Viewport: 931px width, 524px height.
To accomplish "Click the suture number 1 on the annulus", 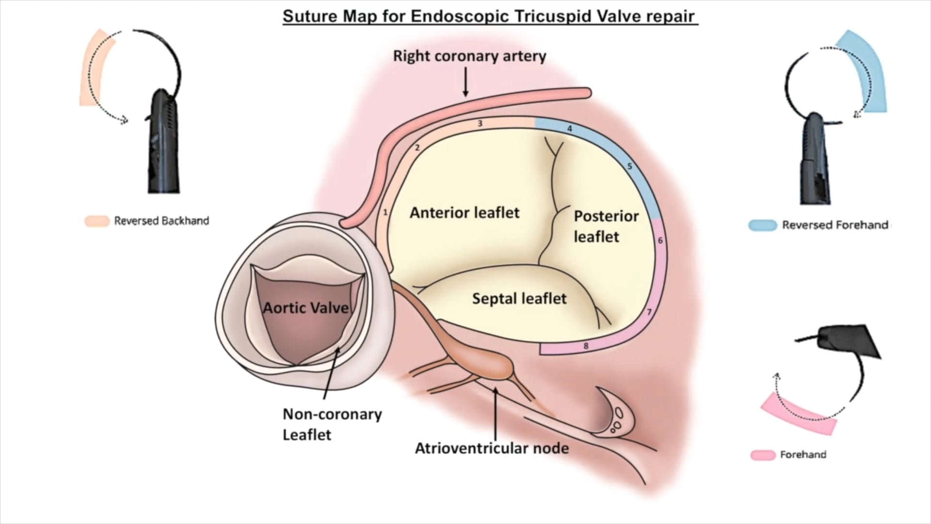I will (385, 213).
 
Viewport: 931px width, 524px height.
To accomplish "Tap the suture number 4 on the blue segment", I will (570, 129).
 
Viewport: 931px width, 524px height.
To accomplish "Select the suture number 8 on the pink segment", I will (586, 346).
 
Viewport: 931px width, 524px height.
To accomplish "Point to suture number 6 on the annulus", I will (660, 241).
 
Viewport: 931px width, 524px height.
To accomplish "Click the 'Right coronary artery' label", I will (469, 56).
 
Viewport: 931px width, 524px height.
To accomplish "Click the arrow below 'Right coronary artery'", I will (465, 82).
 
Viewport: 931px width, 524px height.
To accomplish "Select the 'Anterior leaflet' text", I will (465, 213).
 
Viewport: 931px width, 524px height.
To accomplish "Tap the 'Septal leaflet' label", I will (519, 298).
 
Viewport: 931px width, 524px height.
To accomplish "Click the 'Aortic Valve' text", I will (305, 308).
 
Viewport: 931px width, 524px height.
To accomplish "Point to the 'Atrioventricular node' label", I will (492, 448).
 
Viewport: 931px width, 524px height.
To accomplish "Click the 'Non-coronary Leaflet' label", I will (332, 424).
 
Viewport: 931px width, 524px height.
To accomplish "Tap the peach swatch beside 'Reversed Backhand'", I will (97, 221).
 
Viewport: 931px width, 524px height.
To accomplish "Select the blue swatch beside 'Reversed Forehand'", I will (762, 225).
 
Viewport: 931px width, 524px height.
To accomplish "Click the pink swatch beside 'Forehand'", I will (762, 455).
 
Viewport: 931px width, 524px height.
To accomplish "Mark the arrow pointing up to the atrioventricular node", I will (495, 412).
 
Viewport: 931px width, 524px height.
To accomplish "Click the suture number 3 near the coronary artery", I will (480, 124).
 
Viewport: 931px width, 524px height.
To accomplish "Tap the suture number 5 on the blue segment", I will (629, 166).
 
